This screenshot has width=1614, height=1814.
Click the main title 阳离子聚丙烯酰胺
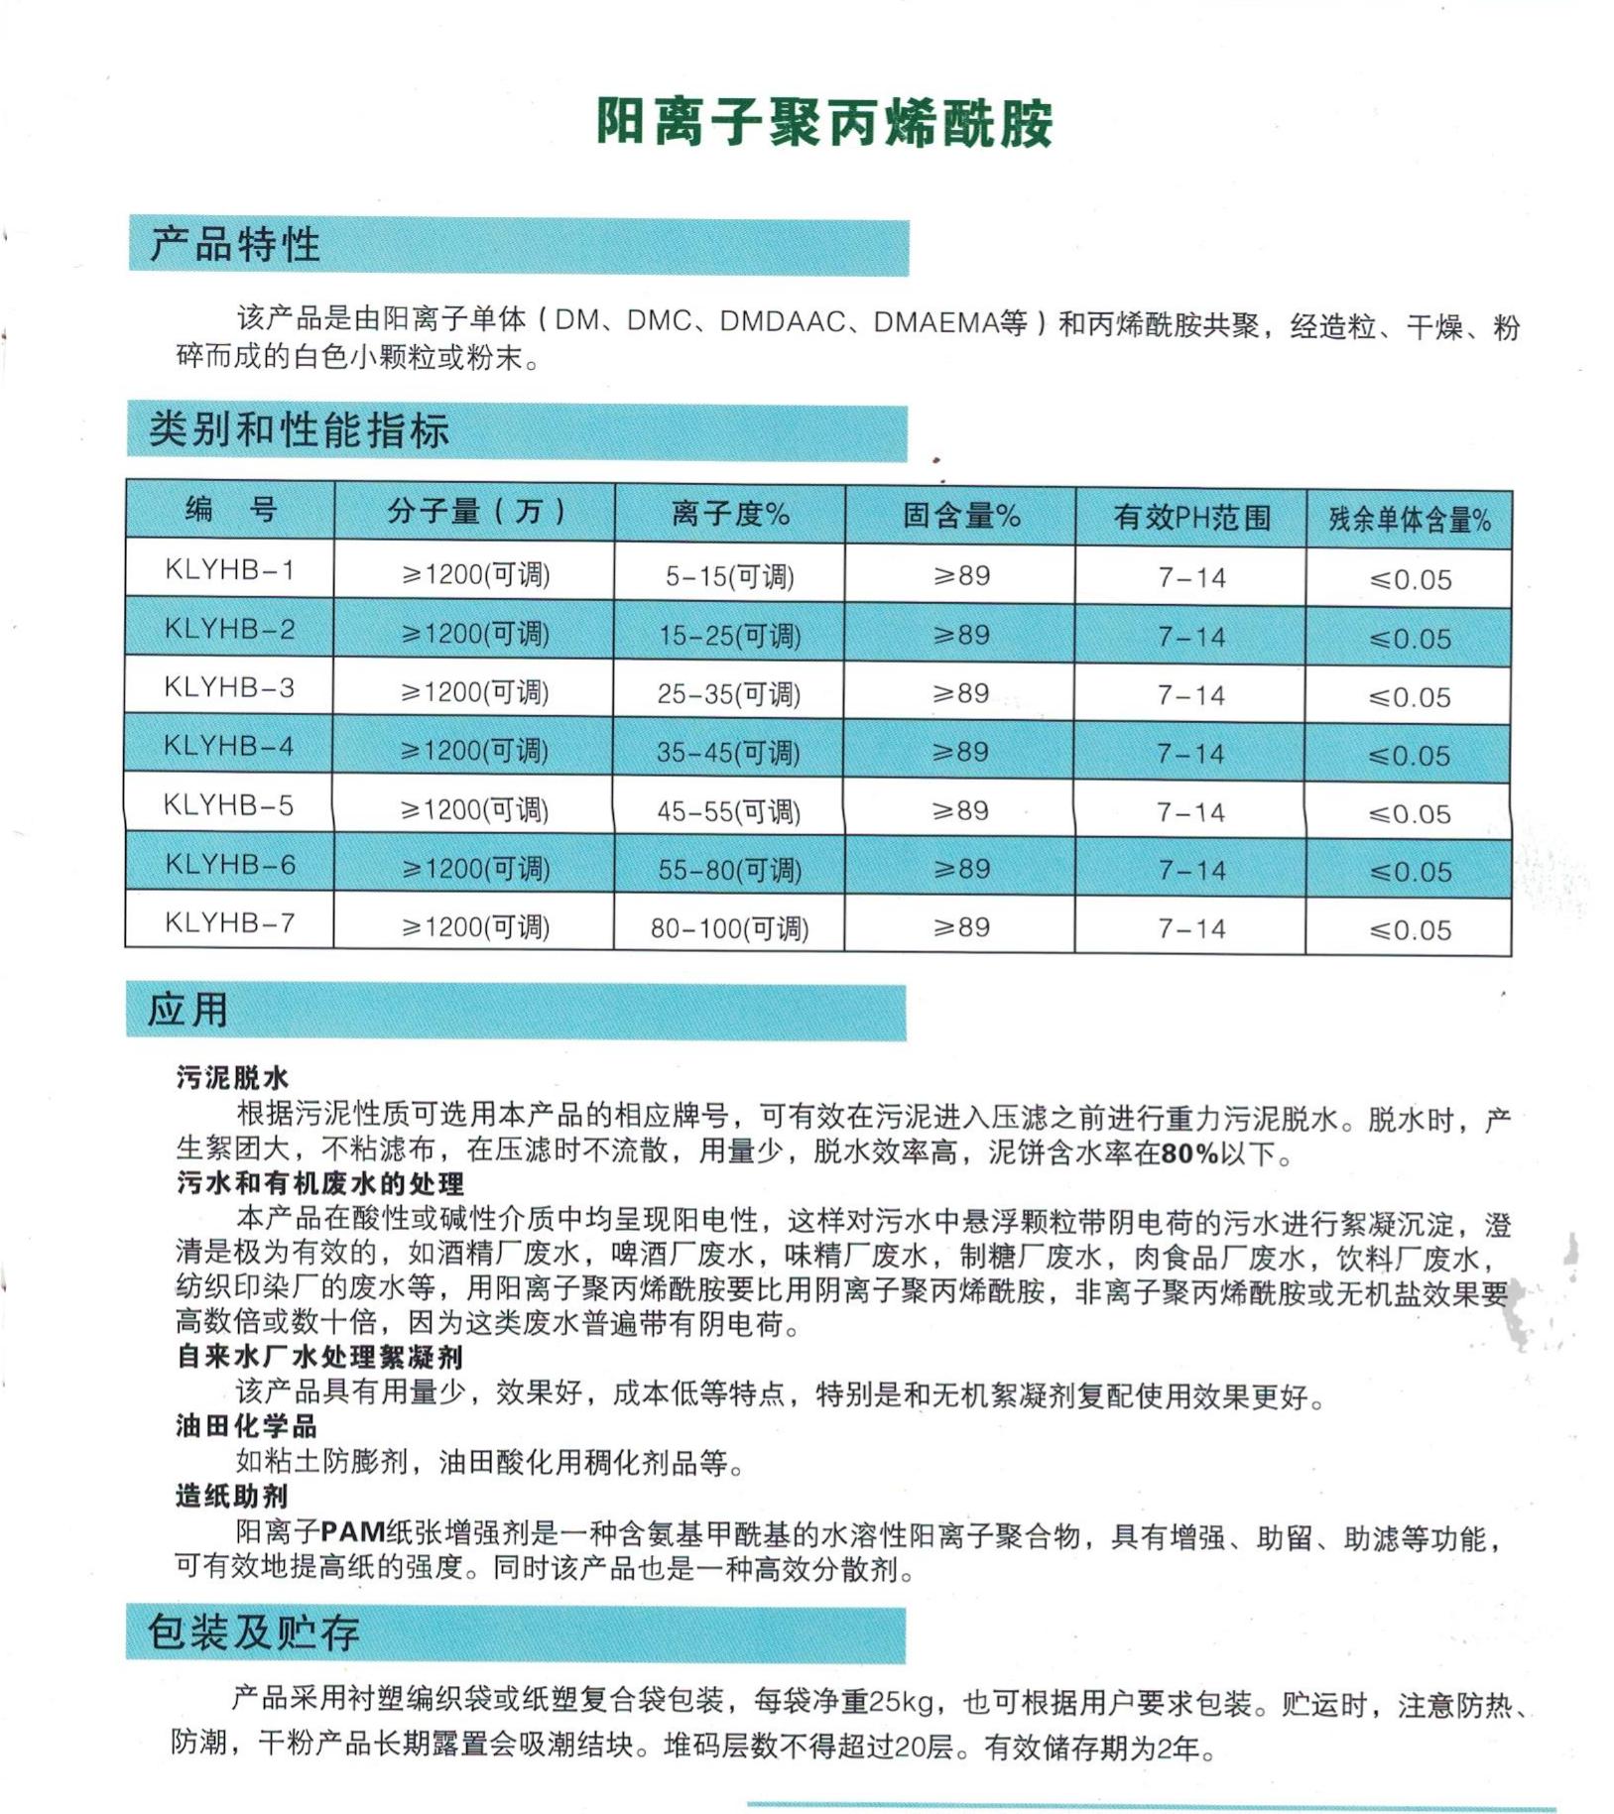823,123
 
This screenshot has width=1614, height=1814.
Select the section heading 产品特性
235,245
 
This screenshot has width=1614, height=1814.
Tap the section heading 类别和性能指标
299,430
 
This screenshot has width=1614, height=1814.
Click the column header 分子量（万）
475,512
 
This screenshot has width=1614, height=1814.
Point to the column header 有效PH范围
1191,517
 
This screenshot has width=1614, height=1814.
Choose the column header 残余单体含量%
1410,520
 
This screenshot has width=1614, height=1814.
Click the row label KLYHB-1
229,570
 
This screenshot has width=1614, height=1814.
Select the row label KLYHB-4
229,746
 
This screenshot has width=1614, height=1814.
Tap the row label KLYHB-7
229,923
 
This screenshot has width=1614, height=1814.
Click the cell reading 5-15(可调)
730,576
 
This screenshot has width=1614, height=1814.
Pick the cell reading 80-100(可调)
730,928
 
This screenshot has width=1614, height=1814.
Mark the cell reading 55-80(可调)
730,870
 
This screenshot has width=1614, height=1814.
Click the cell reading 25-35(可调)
729,693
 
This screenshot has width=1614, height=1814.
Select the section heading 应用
188,1011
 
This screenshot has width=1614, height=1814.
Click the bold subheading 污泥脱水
232,1077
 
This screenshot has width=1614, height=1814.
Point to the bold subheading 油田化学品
246,1426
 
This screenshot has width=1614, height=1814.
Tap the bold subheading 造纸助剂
232,1496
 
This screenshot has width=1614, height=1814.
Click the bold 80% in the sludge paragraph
1189,1153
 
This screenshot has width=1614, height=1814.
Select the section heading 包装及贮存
254,1633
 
